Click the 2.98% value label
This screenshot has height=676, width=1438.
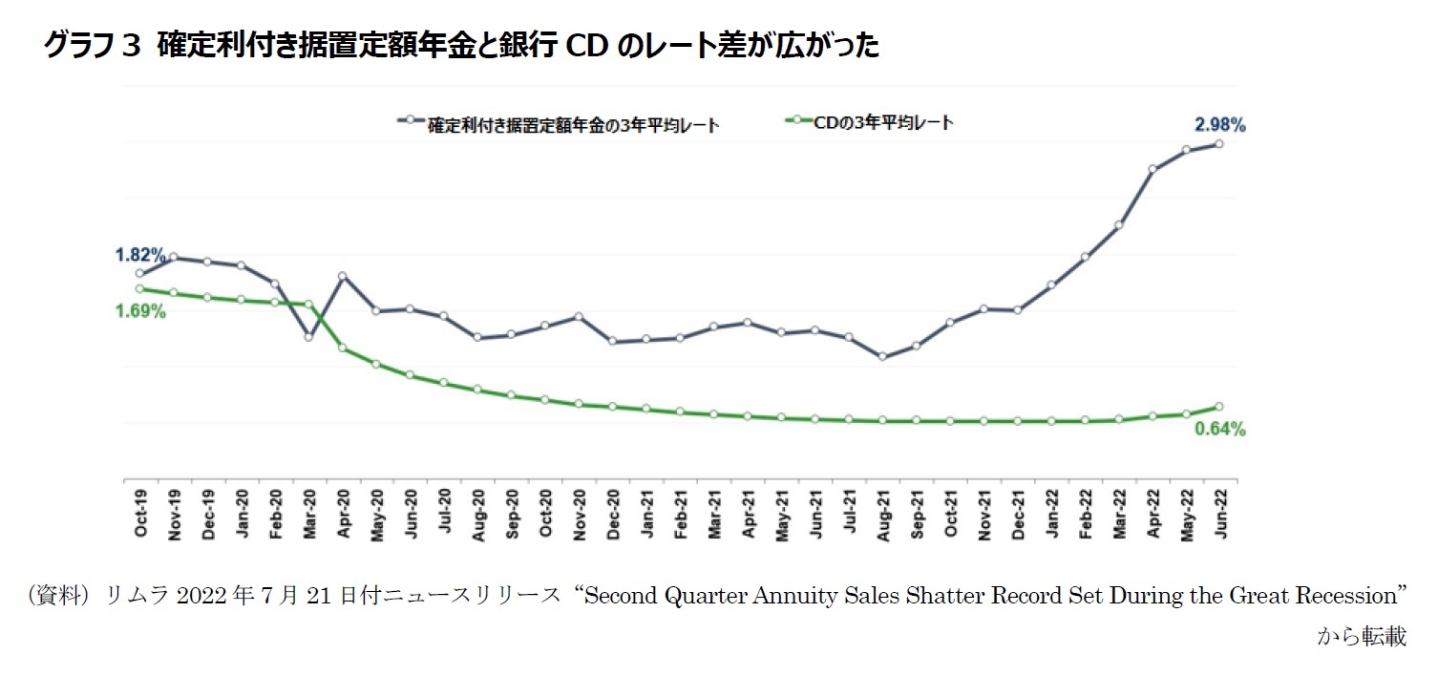click(1219, 124)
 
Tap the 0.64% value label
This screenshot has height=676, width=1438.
click(1219, 430)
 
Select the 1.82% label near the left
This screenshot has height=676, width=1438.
click(140, 255)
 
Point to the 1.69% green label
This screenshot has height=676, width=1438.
click(140, 311)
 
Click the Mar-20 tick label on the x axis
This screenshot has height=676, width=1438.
click(308, 514)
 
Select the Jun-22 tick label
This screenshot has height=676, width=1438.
click(1219, 514)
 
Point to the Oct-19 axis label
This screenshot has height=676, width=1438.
click(140, 514)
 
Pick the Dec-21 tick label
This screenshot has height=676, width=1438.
click(1018, 514)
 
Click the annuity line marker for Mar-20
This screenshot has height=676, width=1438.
click(308, 336)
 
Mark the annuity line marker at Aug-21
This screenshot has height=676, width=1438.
click(882, 357)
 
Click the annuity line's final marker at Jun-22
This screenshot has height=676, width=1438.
click(1219, 144)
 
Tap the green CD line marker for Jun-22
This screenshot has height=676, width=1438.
click(1219, 407)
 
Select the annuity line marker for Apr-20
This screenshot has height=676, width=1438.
click(342, 276)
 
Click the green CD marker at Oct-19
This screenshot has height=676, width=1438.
click(140, 288)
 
